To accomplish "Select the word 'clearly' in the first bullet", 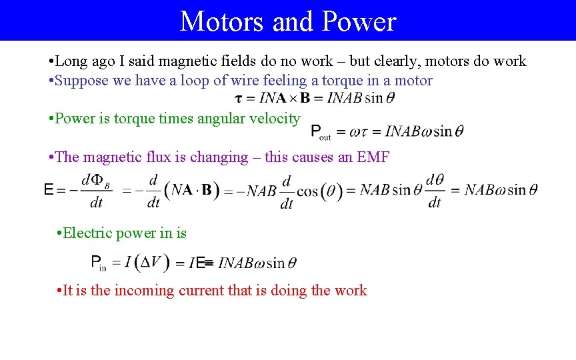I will (x=396, y=61).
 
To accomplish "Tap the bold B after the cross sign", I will (x=305, y=98).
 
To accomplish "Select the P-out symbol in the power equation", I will (x=320, y=132).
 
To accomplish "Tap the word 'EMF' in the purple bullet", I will (x=373, y=157).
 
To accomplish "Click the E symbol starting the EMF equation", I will (x=48, y=190).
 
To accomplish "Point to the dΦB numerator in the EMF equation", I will (x=95, y=181).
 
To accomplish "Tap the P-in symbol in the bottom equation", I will (x=98, y=263).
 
